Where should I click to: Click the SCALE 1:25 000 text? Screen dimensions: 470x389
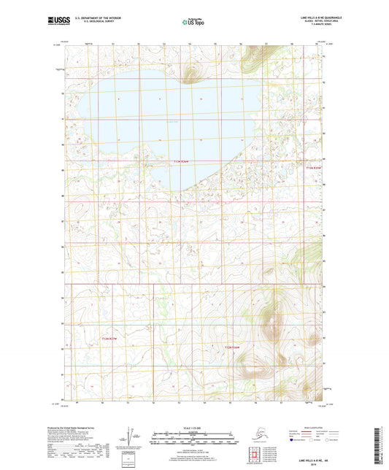click(193, 428)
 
